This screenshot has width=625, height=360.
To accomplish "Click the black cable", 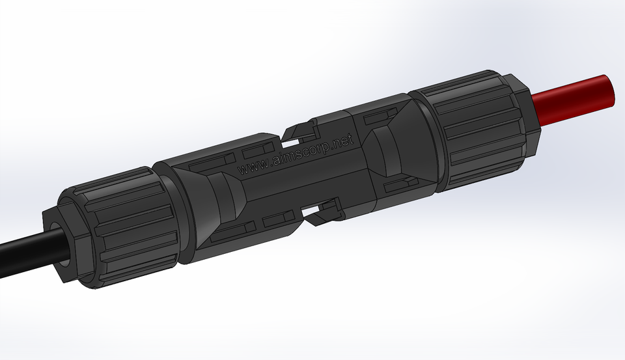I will click(x=23, y=255).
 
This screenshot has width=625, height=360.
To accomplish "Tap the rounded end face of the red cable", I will click(x=609, y=91).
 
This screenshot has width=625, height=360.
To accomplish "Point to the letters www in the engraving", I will click(x=251, y=167).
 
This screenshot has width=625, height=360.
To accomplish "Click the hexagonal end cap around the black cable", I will click(x=62, y=247).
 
